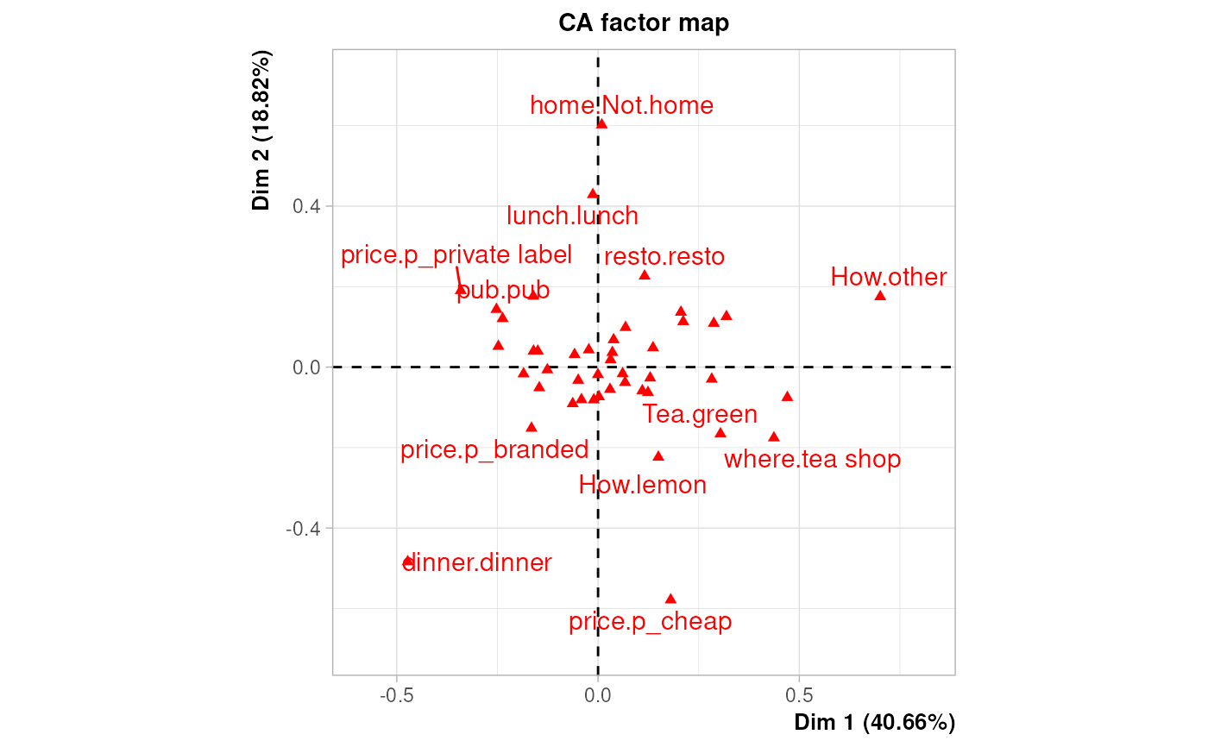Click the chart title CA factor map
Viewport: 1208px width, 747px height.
click(644, 22)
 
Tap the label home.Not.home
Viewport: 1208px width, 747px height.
click(621, 106)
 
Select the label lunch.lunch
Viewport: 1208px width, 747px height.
click(572, 216)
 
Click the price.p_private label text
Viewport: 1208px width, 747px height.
click(456, 255)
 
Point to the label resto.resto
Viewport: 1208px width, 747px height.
click(664, 257)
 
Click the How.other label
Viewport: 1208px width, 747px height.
click(889, 278)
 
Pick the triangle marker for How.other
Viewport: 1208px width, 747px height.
click(880, 296)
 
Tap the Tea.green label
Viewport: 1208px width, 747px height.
click(700, 415)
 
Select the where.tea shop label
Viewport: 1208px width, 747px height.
click(812, 460)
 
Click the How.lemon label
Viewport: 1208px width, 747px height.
click(643, 486)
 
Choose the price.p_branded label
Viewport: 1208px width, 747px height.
click(494, 450)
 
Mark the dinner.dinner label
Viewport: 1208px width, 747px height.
click(477, 563)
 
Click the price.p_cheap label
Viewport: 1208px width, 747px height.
click(650, 622)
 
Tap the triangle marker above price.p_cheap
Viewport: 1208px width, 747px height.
click(670, 599)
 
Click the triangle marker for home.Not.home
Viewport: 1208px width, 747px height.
click(601, 124)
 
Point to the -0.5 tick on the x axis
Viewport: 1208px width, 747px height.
click(396, 695)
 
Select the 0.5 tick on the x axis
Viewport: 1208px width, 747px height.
click(799, 695)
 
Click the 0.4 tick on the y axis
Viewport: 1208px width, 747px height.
click(307, 206)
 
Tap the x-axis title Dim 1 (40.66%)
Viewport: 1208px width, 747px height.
click(874, 722)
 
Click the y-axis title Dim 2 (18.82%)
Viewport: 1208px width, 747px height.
click(261, 130)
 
